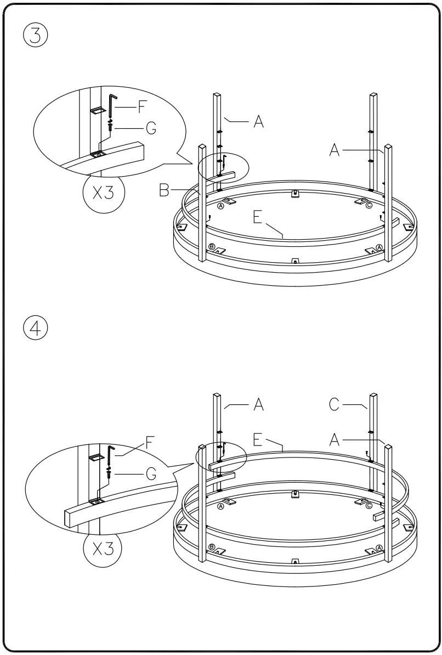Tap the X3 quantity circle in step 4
103,549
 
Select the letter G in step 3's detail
150,128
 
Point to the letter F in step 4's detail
149,440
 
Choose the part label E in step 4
259,439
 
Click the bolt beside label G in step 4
110,473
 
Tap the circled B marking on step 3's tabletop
212,246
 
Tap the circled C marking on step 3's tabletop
369,205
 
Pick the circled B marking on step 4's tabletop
212,547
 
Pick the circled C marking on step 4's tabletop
369,506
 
